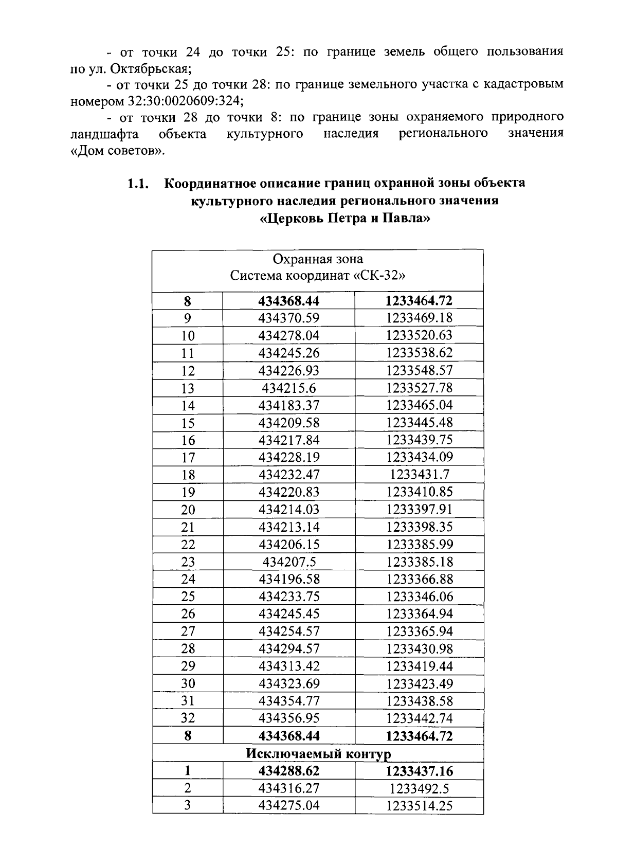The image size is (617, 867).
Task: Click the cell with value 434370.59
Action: pos(288,318)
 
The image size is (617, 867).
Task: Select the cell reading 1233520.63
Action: pos(419,335)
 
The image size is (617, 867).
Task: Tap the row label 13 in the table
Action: pos(188,388)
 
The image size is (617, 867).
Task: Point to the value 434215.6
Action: pos(288,388)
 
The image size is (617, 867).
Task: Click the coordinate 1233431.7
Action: pos(419,475)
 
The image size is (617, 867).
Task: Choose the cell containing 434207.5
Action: pos(288,562)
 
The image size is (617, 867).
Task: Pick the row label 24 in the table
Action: pos(188,580)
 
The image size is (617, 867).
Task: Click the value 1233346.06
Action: pos(419,597)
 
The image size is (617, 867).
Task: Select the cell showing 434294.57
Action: pos(288,649)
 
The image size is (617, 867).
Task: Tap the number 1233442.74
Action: pos(419,718)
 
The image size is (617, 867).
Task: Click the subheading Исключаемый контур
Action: pos(318,753)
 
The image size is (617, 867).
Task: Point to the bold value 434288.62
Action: pos(288,771)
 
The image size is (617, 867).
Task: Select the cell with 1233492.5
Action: pos(419,788)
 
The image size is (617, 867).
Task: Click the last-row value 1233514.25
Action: pos(419,806)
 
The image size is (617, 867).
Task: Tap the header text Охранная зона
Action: pos(318,259)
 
